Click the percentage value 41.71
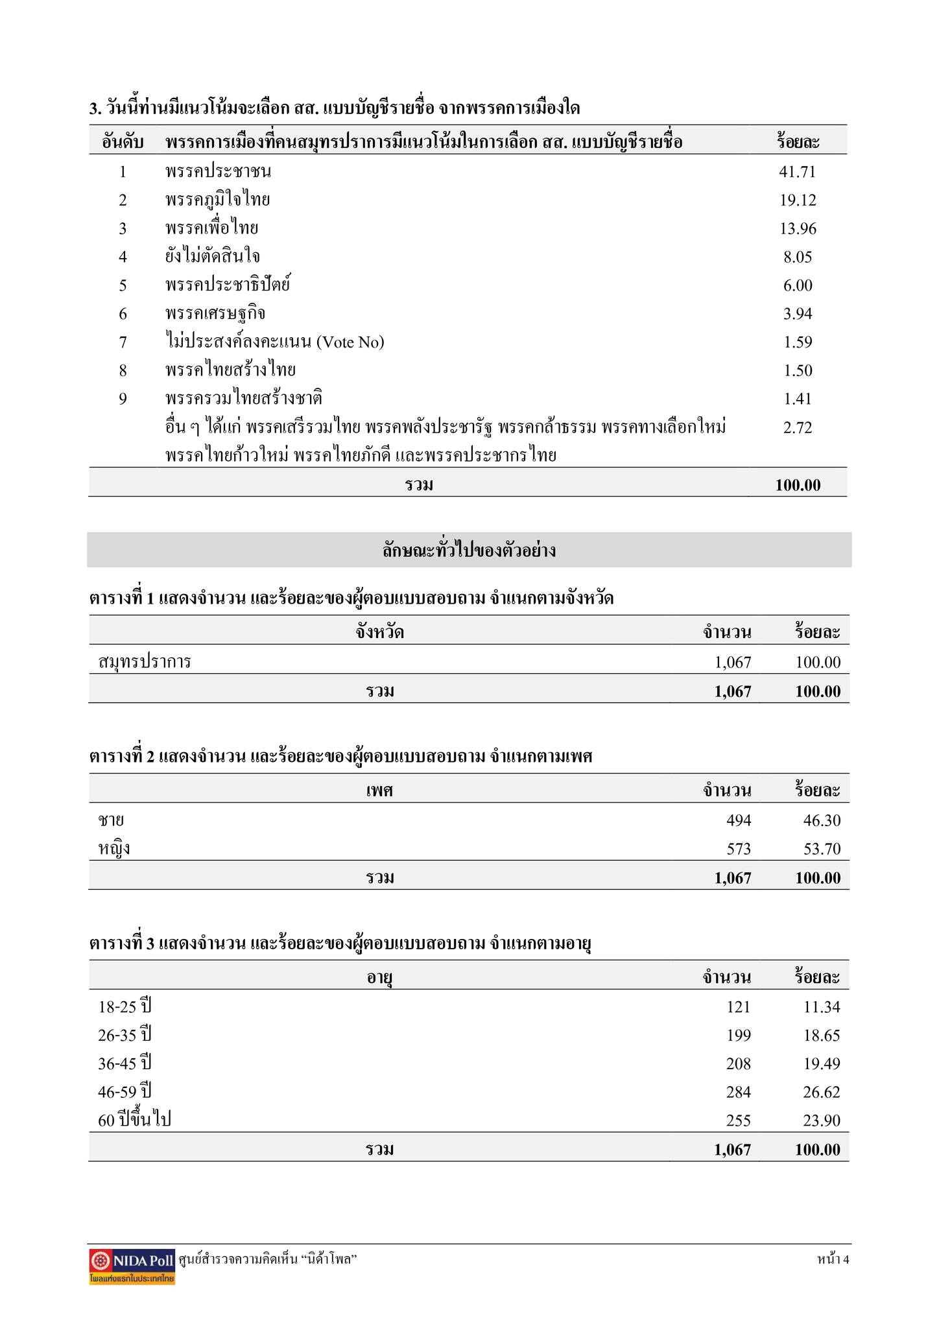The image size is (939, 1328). (797, 172)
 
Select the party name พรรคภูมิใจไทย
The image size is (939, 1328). (217, 200)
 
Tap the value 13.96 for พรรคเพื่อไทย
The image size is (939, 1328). (797, 229)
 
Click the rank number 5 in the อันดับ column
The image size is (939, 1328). (123, 285)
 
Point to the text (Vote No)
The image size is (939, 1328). (350, 342)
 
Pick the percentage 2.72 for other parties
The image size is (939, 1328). (797, 428)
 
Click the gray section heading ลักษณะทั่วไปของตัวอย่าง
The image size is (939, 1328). (469, 551)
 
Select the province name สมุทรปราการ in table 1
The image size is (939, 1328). (145, 662)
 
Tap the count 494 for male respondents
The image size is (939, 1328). (739, 821)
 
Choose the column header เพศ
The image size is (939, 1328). (379, 791)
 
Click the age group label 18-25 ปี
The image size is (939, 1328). (125, 1007)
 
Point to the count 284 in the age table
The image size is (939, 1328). (739, 1093)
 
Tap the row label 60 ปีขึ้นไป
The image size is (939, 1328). (134, 1120)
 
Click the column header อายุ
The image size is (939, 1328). (379, 978)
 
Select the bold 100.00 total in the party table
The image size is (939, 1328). (798, 485)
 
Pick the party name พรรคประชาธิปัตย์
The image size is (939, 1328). (227, 285)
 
